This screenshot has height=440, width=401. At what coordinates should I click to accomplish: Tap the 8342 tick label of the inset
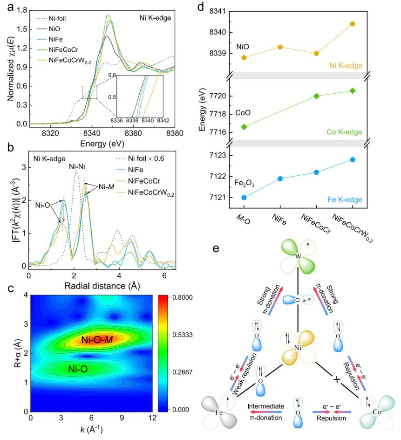point(163,120)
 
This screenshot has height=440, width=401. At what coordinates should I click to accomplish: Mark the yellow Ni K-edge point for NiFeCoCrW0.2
point(353,24)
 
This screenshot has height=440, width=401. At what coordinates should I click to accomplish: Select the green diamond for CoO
point(244,127)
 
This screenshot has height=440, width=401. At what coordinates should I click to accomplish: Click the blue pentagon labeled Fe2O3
point(244,197)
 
